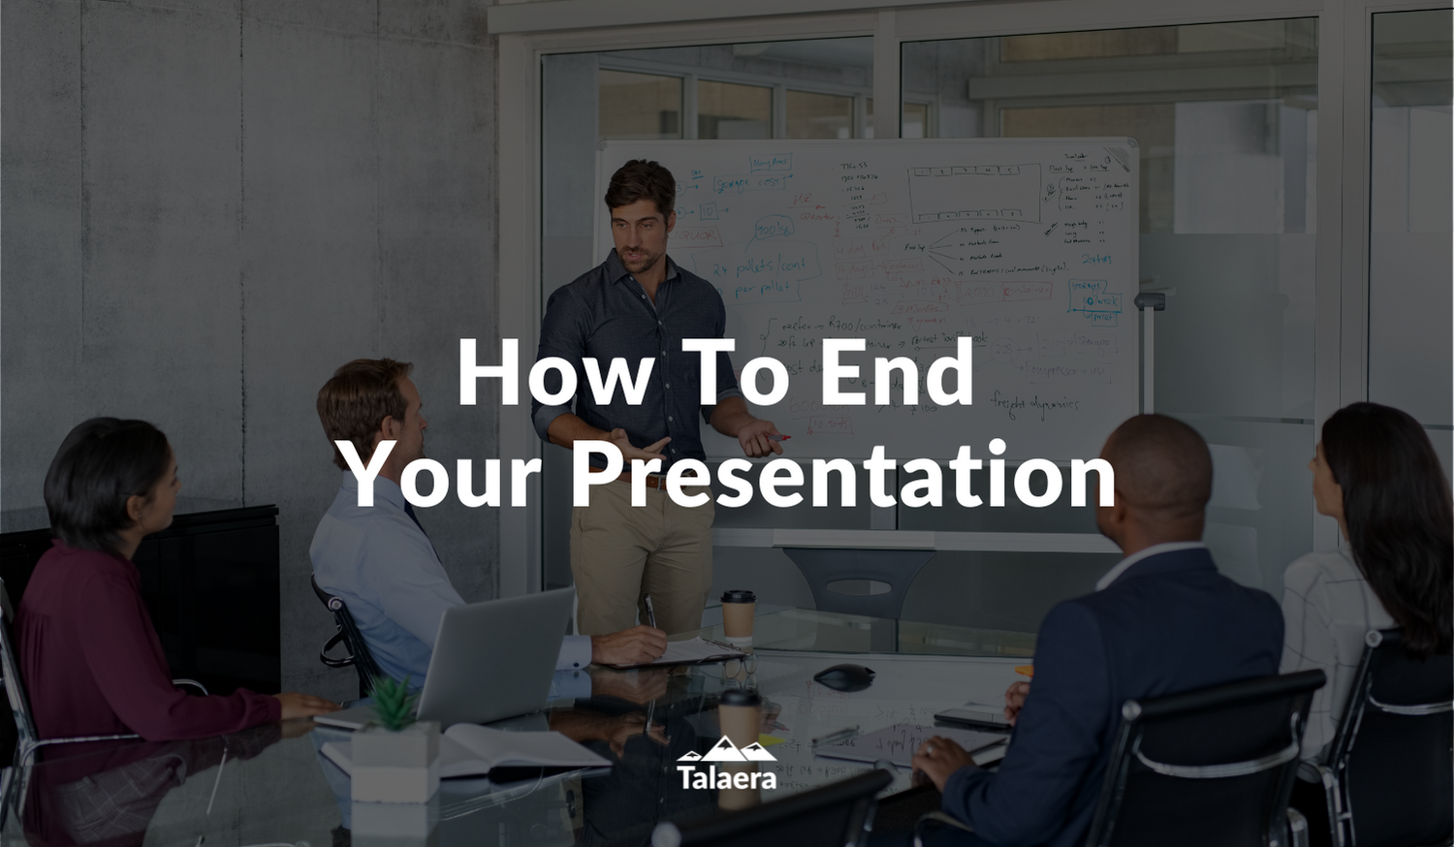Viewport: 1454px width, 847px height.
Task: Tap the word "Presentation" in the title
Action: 842,475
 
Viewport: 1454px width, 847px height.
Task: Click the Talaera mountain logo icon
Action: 726,749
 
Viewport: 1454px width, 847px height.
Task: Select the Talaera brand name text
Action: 726,777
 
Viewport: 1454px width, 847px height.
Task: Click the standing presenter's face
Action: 640,228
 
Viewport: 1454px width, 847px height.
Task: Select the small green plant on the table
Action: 394,704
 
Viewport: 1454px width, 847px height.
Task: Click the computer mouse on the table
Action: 843,676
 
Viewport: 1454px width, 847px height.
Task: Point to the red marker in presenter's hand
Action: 777,439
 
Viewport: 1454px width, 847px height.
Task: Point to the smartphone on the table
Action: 972,717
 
